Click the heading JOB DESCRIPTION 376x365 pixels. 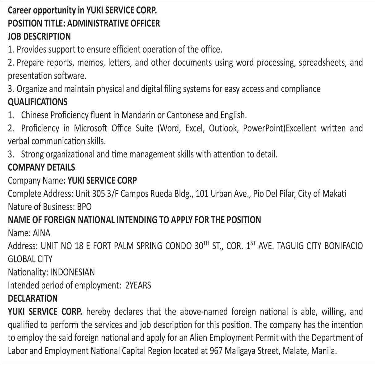coord(39,36)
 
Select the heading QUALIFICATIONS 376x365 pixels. coord(37,102)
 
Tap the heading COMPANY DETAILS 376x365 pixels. coord(41,167)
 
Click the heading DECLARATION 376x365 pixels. coord(33,298)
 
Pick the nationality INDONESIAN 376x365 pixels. coord(72,272)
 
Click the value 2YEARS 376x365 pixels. coord(138,285)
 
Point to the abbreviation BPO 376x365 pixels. coord(84,206)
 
